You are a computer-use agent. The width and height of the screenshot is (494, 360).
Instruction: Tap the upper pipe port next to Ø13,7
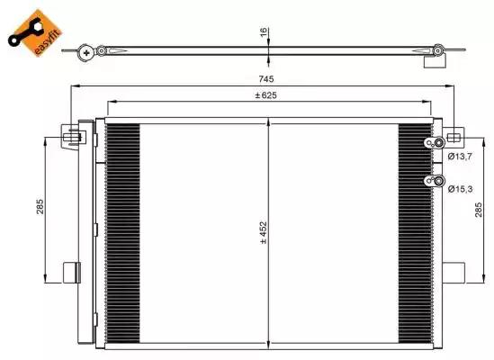point(437,144)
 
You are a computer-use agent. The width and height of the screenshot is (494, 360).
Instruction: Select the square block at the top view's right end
point(435,61)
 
